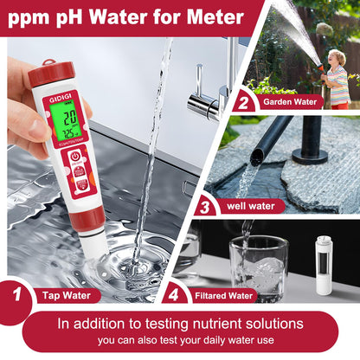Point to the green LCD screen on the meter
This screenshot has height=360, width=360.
62,125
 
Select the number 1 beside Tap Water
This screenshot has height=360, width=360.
16,293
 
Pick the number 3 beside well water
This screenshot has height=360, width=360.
205,207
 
